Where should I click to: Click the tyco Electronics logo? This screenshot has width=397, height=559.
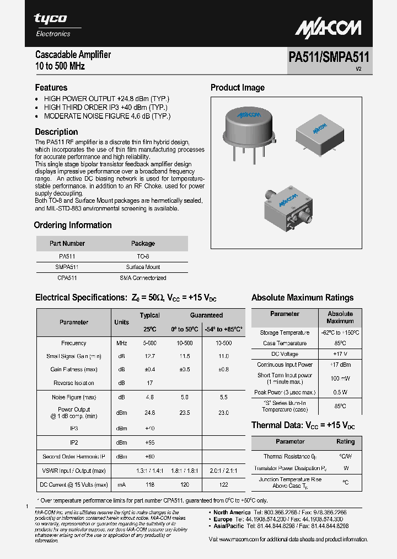tap(52, 25)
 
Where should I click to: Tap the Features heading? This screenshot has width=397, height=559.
tap(51, 87)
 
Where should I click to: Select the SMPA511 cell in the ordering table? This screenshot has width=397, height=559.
tap(67, 267)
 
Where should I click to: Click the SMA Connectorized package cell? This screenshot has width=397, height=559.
tap(143, 278)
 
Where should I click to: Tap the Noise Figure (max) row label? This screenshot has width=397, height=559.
tap(74, 397)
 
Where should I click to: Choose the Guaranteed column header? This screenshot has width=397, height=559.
tap(206, 315)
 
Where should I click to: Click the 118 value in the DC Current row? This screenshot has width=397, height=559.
tap(149, 484)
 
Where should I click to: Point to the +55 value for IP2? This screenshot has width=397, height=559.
tap(149, 442)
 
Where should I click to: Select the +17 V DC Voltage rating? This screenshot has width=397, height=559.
tap(340, 354)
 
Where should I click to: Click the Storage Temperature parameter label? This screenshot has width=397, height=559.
tap(285, 333)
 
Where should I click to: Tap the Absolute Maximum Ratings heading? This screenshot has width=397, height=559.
tap(302, 298)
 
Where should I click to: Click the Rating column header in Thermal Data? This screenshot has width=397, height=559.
tap(345, 442)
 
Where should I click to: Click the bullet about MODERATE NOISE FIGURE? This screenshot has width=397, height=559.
tap(107, 116)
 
